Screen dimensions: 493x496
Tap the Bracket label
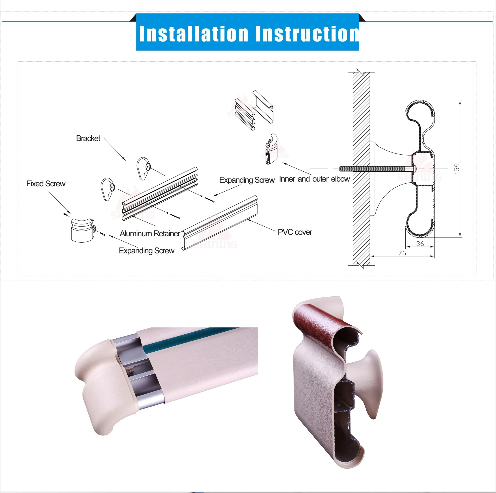point(88,138)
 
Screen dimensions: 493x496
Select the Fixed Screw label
point(46,184)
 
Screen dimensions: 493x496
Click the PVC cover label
point(295,232)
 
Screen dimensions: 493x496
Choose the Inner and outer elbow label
point(314,179)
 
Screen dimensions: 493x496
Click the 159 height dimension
point(457,169)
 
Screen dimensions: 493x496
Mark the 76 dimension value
point(402,253)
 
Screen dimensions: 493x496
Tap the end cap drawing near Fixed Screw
point(82,230)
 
